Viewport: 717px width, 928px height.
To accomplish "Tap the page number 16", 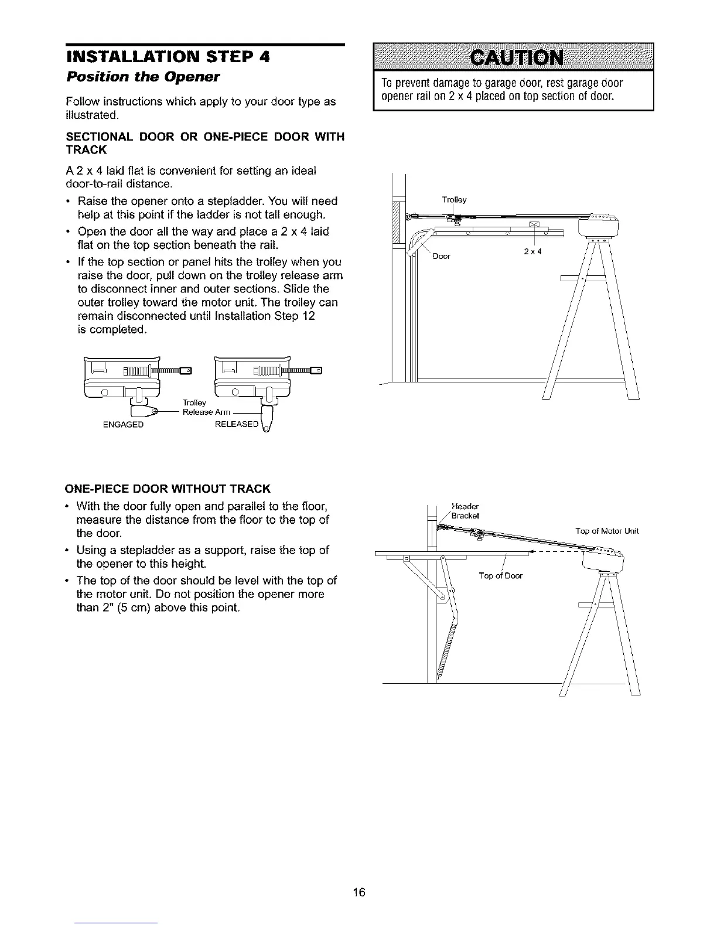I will pos(359,892).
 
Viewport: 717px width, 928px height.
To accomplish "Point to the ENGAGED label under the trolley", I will pos(122,425).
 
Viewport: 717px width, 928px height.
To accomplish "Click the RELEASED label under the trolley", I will pos(236,424).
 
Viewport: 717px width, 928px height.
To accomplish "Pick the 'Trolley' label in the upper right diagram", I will pos(454,200).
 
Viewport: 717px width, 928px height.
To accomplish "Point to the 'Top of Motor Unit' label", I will pos(607,531).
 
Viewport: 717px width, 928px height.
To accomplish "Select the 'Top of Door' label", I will pos(500,576).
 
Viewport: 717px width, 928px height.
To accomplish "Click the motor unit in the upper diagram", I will pos(599,225).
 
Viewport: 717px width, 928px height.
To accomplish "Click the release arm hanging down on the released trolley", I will pos(267,422).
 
